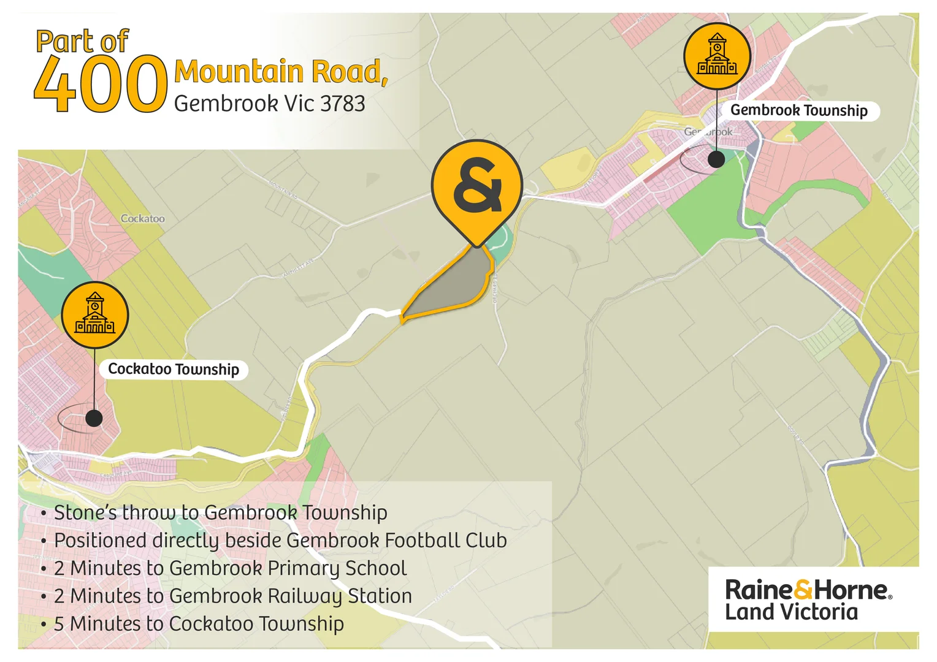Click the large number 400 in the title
[x=100, y=84]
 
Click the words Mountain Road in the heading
[x=280, y=72]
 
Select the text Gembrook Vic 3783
[x=269, y=104]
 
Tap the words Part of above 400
[x=82, y=42]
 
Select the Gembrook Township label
[x=798, y=110]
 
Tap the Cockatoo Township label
[x=174, y=369]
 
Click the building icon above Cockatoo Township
[x=95, y=314]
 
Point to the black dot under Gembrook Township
[x=716, y=159]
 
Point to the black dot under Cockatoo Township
[x=94, y=418]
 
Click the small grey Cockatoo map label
[x=142, y=218]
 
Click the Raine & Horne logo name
[x=807, y=590]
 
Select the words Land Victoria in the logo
[x=791, y=612]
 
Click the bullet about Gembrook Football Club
[x=280, y=540]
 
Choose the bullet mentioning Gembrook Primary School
[x=230, y=568]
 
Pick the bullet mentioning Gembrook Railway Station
[x=232, y=596]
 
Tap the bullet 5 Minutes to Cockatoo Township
[x=198, y=623]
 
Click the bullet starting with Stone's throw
[x=220, y=512]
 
